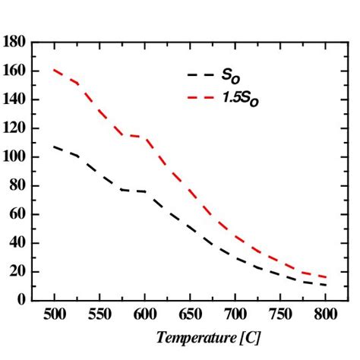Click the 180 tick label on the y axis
[16, 42]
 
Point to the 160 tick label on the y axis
[16, 71]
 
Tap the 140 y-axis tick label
[16, 99]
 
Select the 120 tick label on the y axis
[16, 128]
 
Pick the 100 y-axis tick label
[16, 156]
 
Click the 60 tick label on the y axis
[19, 214]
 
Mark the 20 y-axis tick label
[19, 271]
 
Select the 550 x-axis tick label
[99, 312]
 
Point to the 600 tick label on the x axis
[144, 312]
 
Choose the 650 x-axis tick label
[190, 312]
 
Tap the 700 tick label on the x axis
[235, 312]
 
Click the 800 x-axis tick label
[327, 312]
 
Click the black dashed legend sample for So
[201, 75]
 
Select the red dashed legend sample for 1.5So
[201, 98]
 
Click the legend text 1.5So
[242, 99]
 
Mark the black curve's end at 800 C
[326, 285]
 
